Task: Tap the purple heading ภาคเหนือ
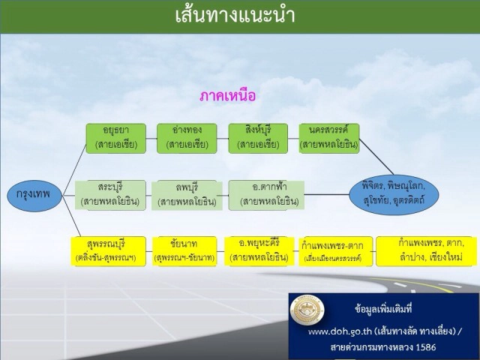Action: click(x=229, y=96)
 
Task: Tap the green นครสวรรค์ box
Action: click(x=328, y=138)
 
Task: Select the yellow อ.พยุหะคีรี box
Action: click(x=259, y=250)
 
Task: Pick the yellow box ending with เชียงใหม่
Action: click(x=425, y=250)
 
